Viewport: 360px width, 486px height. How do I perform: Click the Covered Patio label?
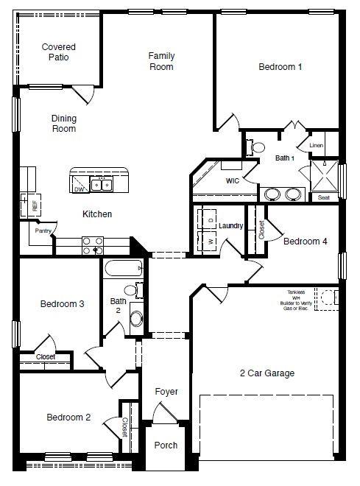[58, 52]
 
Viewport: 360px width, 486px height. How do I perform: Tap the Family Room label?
[161, 61]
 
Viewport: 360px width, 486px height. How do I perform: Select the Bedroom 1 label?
[280, 67]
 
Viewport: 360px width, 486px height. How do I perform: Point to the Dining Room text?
[64, 124]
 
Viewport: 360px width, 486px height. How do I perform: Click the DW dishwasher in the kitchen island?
[79, 189]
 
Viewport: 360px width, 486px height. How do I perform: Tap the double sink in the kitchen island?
[101, 184]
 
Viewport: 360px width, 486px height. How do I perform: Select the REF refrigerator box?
[34, 205]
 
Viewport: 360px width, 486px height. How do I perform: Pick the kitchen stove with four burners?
[93, 245]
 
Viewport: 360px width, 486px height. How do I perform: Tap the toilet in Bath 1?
[257, 147]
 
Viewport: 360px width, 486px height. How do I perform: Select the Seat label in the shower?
[324, 197]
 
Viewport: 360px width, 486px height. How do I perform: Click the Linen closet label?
[316, 146]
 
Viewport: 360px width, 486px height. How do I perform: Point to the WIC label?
[233, 180]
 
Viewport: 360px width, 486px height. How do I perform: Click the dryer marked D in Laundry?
[210, 220]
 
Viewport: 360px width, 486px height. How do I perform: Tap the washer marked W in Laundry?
[210, 241]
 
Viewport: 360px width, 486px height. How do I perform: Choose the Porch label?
[166, 445]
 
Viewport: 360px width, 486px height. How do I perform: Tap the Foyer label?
[166, 392]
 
